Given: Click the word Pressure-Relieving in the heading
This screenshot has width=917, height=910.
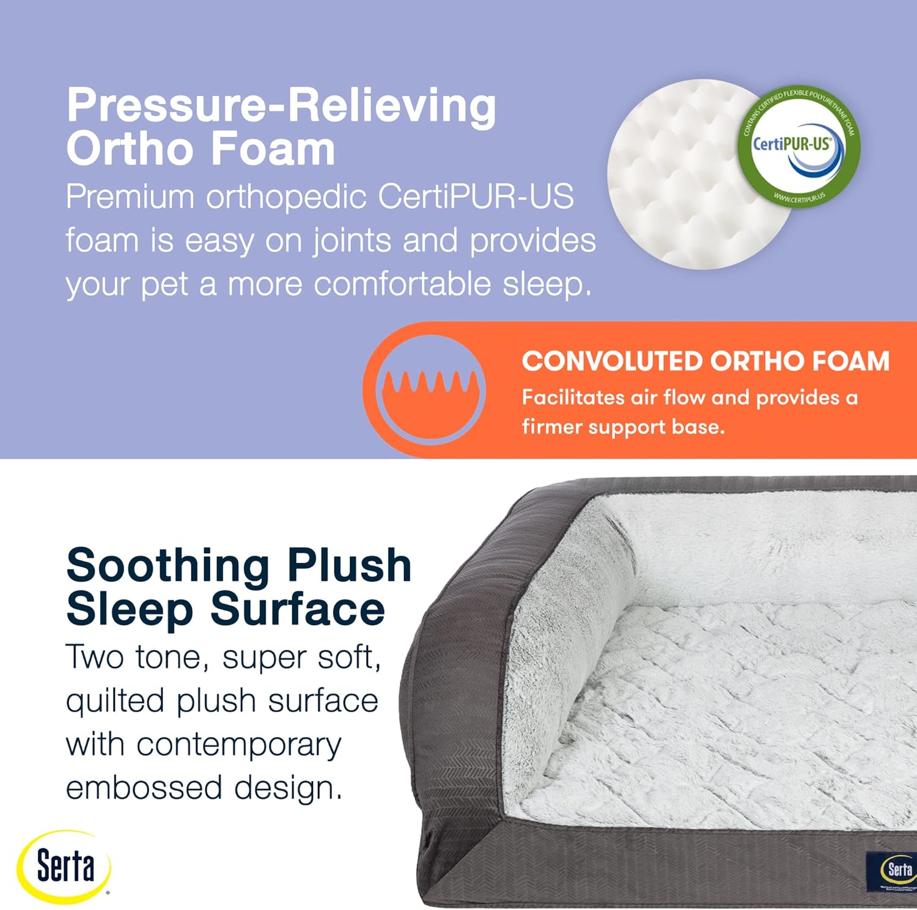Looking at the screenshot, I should pyautogui.click(x=281, y=105).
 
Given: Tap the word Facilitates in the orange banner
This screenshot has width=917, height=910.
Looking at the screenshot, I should pyautogui.click(x=573, y=398).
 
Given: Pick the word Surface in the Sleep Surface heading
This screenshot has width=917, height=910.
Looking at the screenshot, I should pyautogui.click(x=298, y=609).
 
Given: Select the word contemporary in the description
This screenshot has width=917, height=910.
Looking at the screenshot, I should pyautogui.click(x=239, y=744).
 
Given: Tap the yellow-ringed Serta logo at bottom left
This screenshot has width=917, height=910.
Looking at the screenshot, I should pyautogui.click(x=64, y=866).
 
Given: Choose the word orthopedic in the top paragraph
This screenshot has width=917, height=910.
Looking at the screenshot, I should pyautogui.click(x=286, y=197).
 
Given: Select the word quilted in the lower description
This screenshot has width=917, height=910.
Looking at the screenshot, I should pyautogui.click(x=115, y=701).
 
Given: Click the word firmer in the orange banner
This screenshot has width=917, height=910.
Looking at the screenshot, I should pyautogui.click(x=551, y=427).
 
